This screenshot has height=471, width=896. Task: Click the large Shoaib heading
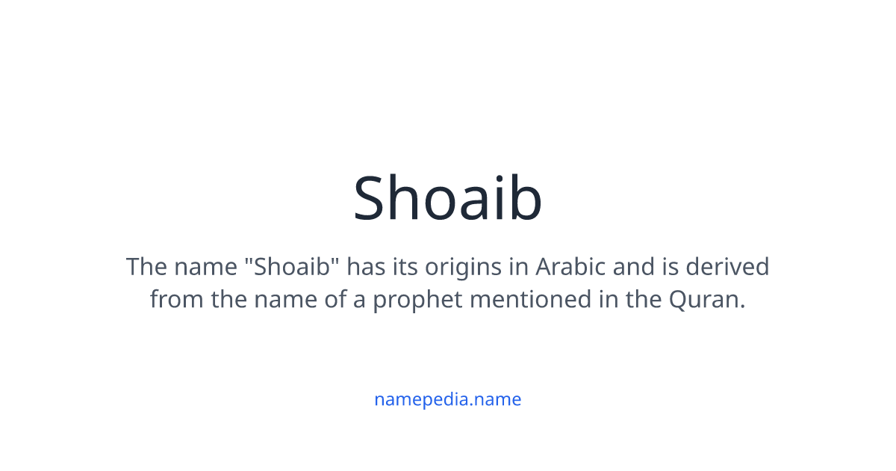[447, 197]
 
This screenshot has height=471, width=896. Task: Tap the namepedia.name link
[447, 399]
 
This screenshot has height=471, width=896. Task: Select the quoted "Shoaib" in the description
[294, 266]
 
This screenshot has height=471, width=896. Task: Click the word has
[365, 266]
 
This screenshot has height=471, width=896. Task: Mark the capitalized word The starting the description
[146, 266]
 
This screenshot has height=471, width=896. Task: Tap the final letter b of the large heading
[526, 197]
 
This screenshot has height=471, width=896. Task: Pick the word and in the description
[629, 266]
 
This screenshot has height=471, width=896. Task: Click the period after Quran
[744, 307]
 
